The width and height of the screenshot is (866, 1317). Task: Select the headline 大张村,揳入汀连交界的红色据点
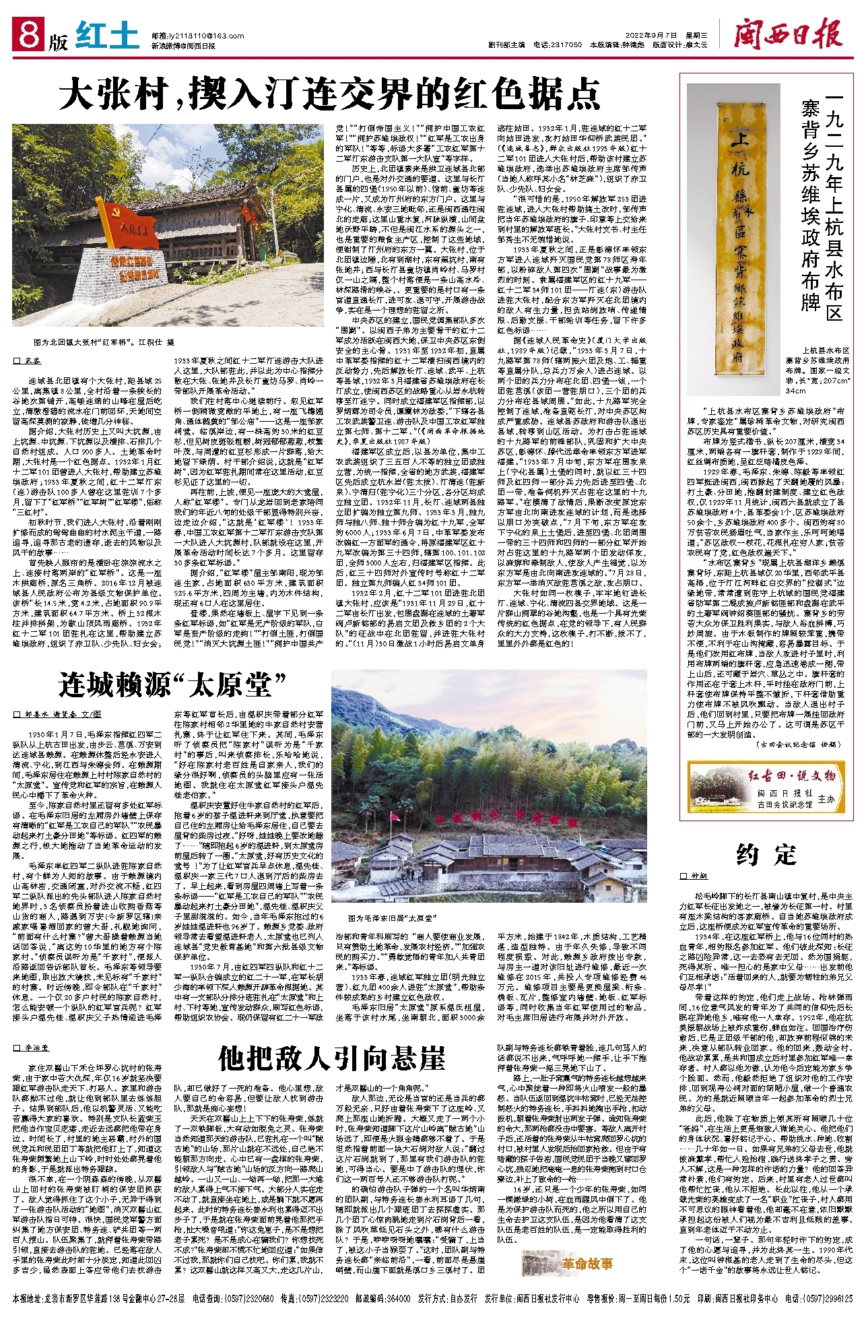[329, 95]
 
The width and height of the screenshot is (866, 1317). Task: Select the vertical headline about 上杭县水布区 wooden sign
[824, 203]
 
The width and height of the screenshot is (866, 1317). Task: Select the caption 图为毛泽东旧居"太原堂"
[393, 918]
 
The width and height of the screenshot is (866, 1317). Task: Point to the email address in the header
[188, 35]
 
